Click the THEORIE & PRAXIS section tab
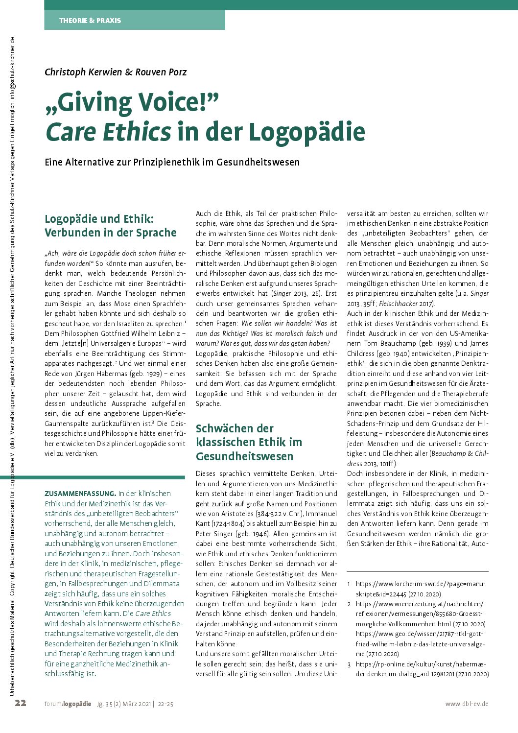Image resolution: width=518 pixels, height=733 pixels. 90,21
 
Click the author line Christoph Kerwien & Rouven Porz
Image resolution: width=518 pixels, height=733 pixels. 116,72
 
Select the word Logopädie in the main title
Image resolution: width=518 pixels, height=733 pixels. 307,132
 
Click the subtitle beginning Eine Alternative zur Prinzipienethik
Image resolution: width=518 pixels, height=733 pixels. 172,162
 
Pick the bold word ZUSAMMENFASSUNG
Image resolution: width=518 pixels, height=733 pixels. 80,494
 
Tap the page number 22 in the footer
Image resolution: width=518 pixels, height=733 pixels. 21,703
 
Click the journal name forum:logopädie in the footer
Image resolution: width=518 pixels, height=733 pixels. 68,704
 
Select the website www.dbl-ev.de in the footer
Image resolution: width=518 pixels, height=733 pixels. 467,704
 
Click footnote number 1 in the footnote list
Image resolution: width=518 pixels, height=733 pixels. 349,584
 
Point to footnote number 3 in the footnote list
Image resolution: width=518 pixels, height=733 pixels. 349,664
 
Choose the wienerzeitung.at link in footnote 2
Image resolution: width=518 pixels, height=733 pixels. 420,604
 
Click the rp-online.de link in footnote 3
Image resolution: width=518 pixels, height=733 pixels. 422,664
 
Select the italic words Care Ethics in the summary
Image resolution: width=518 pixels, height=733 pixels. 153,614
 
